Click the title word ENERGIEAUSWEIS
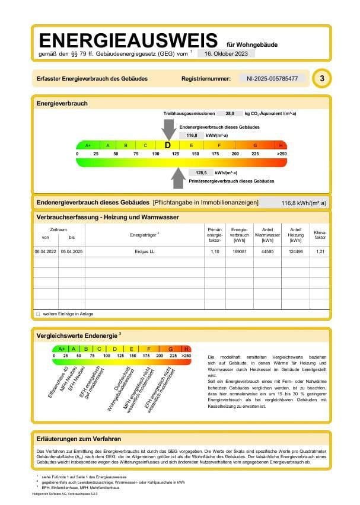(128, 40)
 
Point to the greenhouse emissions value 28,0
(230, 113)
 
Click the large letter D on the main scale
(168, 145)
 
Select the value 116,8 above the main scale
(192, 135)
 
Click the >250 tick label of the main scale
(281, 154)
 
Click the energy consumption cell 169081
(240, 252)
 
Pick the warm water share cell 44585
(267, 252)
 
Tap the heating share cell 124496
(295, 252)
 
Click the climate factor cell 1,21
(321, 252)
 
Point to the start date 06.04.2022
(45, 252)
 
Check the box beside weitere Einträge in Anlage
(38, 314)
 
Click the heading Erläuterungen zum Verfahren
(79, 439)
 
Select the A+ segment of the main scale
(88, 145)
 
